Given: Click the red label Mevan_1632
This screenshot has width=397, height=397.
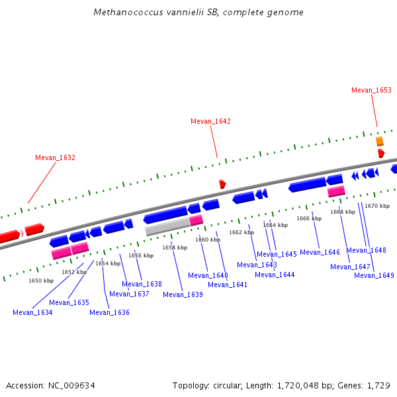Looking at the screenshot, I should [x=55, y=157].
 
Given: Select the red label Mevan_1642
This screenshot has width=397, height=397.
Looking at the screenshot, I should [x=210, y=121].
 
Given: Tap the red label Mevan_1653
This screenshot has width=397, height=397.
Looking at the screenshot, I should [x=371, y=90].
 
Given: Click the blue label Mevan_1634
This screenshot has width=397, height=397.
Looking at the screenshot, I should [x=32, y=312].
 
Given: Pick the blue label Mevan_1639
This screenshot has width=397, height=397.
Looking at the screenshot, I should [x=183, y=294].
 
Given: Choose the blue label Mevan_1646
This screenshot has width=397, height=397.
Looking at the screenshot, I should [x=320, y=252].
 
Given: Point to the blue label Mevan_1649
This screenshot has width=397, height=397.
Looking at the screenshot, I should [x=374, y=275].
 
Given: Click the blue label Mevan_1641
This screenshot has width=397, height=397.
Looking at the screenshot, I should [x=228, y=285].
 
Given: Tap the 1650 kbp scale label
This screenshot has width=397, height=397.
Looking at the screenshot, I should [x=41, y=281].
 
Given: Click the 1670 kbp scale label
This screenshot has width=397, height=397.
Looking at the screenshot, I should [x=377, y=206].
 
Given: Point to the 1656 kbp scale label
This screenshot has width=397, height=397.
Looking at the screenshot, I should [x=141, y=255].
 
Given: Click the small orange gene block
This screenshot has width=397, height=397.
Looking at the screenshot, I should [x=380, y=141].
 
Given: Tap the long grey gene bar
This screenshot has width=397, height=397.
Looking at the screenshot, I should [x=167, y=227].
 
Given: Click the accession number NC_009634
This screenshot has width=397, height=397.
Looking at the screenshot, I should [x=71, y=385].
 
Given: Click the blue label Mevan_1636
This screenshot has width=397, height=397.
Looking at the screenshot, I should [x=109, y=312].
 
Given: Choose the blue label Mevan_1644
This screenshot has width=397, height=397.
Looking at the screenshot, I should [x=275, y=275].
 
